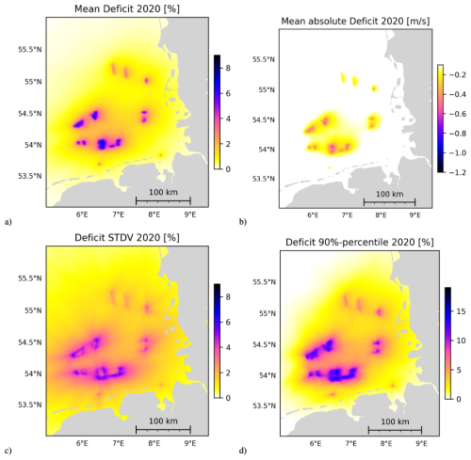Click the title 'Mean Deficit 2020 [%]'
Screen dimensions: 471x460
tap(127, 8)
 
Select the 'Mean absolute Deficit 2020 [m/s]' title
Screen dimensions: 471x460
tap(355, 21)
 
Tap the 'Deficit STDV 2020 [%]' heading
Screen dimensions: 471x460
tap(127, 238)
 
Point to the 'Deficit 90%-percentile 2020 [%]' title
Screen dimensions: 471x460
tap(360, 243)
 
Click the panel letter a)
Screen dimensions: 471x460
tap(8, 222)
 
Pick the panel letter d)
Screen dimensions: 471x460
tap(243, 451)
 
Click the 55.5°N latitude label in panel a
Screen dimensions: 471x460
tap(30, 50)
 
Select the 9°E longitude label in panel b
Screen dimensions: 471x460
tap(414, 215)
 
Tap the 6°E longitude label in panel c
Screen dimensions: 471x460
tap(82, 443)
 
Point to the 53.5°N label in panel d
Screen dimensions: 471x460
tap(265, 405)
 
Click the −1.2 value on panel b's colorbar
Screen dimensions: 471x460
tap(457, 172)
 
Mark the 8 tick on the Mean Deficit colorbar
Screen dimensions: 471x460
tap(228, 68)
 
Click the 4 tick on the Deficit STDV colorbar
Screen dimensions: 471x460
tap(228, 347)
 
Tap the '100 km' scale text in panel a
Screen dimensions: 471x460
tap(163, 192)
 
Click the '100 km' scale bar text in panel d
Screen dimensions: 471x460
tap(395, 421)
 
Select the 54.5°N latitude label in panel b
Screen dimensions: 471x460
tap(265, 119)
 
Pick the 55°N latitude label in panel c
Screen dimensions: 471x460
tap(33, 310)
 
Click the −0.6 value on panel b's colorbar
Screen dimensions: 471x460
tap(457, 114)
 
